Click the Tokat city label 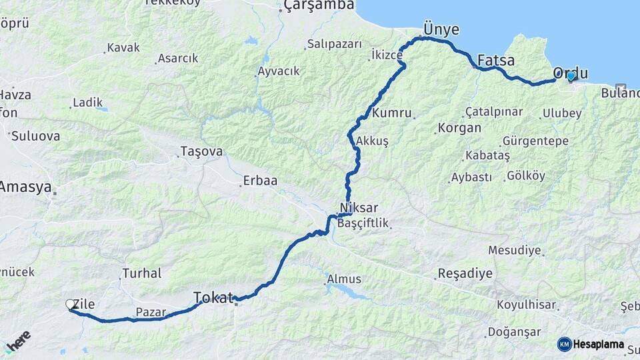(214, 297)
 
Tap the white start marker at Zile (70, 305)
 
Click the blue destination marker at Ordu (570, 77)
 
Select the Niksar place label (359, 207)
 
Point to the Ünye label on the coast (441, 29)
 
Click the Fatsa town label (496, 61)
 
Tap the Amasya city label (25, 187)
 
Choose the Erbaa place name (260, 181)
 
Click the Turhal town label (141, 273)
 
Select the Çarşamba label (319, 6)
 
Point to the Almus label (344, 279)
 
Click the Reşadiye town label (465, 273)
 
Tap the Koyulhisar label (526, 305)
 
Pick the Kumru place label (391, 113)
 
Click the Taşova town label (201, 152)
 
